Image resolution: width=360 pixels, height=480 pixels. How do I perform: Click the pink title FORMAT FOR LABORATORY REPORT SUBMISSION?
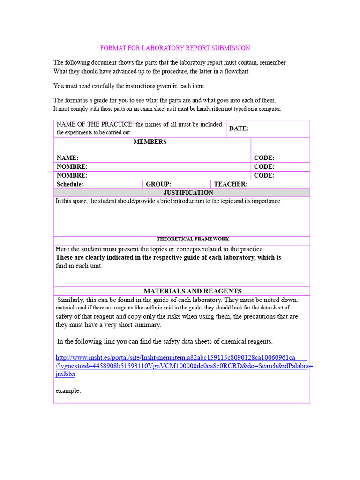click(175, 48)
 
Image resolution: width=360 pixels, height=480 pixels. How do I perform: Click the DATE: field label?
click(239, 128)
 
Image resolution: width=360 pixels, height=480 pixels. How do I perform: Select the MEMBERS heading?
click(150, 142)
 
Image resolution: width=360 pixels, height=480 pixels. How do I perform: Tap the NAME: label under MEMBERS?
click(67, 158)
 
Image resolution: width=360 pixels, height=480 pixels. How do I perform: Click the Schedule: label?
click(70, 184)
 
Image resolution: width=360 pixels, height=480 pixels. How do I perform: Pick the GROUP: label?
click(158, 184)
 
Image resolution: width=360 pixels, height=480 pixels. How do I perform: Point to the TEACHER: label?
click(231, 184)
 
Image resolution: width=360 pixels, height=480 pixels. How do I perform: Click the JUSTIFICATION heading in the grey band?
click(188, 193)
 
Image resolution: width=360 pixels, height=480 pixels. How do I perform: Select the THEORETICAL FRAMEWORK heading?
click(193, 239)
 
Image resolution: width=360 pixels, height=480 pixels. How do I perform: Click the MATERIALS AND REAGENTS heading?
click(192, 291)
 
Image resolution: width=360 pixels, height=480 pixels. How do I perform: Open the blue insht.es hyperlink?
click(175, 357)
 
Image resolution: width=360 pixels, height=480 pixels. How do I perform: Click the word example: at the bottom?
click(68, 390)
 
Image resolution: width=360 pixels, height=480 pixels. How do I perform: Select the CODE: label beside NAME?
click(264, 158)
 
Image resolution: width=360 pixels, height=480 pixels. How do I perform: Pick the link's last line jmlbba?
click(65, 374)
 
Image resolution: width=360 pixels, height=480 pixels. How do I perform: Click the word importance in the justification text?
click(266, 201)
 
